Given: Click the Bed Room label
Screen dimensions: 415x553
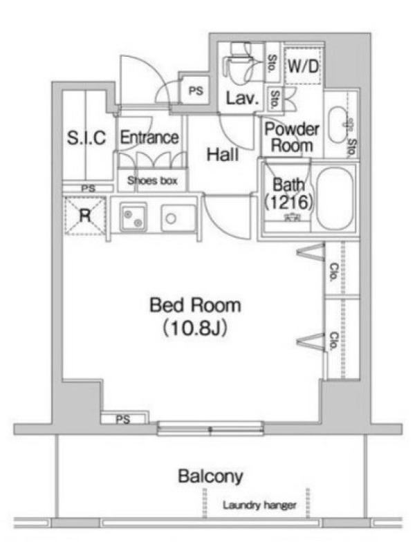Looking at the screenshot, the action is pos(196,306).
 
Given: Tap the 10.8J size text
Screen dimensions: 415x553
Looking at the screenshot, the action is pos(195,328).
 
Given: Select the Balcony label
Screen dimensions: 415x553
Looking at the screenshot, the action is pos(211,477).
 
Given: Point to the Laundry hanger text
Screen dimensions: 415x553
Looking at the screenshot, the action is pos(259,505).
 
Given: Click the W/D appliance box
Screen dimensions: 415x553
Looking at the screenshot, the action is pos(303,66).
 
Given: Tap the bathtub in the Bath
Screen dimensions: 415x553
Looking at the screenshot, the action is pos(335,199).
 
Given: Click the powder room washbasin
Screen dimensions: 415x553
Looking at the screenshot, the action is pos(338,124).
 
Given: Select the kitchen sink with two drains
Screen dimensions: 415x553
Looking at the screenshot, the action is pos(133,216).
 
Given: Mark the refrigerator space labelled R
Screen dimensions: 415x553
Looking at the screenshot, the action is pos(84,216).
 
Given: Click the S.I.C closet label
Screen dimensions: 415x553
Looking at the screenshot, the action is pos(86,138).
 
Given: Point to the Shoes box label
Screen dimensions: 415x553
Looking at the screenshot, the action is pos(152,181).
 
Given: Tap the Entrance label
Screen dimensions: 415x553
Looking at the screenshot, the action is pos(149,137).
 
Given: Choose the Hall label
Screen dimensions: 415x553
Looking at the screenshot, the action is pos(223,154).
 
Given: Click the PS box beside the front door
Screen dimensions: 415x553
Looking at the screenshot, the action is pos(196,91).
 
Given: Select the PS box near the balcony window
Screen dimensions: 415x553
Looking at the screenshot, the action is pos(124,419).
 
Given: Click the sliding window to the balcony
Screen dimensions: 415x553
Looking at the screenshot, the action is pos(211,429).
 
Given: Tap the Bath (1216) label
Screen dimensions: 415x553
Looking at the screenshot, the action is pos(288,194).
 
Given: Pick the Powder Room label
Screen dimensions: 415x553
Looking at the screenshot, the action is pos(292,137).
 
